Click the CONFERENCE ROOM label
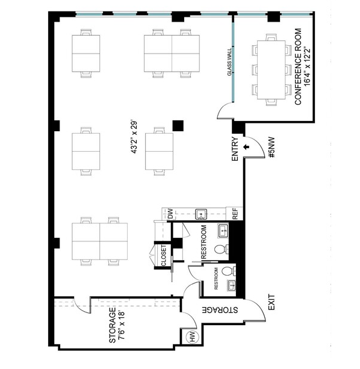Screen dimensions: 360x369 pos(298,67)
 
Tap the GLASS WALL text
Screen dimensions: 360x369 pos(229,63)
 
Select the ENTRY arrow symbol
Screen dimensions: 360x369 pos(246,147)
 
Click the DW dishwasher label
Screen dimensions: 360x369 pos(170,214)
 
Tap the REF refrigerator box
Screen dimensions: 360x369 pos(234,214)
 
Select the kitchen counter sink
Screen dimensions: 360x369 pos(201,214)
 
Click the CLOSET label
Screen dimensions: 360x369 pos(164,256)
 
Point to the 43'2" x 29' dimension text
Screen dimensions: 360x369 pos(134,137)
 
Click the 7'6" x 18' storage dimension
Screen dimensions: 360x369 pos(122,326)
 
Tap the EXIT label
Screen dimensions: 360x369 pos(272,302)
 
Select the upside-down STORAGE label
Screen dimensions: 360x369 pos(220,310)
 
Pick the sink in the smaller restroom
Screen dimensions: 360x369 pos(232,285)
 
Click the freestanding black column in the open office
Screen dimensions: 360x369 pos(178,126)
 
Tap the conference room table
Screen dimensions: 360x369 pos(272,70)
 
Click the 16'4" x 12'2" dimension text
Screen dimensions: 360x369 pos(307,67)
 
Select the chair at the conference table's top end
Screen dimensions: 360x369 pos(272,37)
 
